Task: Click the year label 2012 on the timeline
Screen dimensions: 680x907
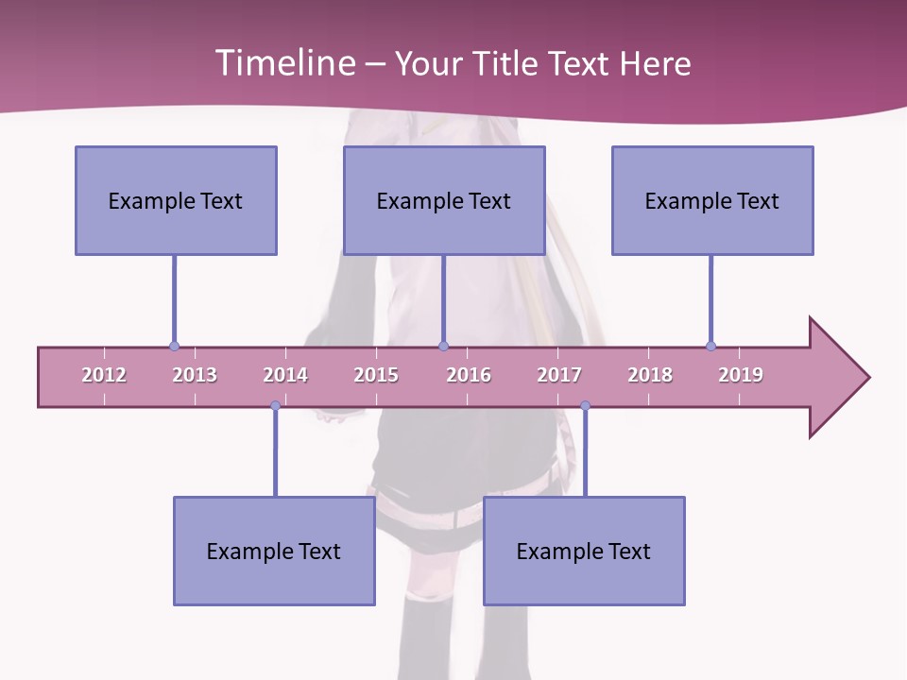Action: (104, 375)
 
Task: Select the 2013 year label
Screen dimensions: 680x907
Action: (195, 375)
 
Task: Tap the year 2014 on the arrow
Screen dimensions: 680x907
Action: (285, 375)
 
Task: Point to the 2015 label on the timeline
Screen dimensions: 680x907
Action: (376, 375)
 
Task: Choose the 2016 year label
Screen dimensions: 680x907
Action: (469, 375)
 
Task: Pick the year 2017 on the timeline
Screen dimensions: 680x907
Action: (559, 375)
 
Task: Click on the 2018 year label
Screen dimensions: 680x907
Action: (650, 375)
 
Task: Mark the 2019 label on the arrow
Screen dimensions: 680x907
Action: (741, 375)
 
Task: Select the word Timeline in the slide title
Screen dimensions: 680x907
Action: (284, 63)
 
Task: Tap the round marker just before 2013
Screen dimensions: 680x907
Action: (174, 346)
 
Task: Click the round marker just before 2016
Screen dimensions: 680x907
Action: (443, 346)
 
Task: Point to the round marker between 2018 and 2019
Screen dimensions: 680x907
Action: (710, 346)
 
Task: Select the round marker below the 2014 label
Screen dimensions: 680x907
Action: (275, 406)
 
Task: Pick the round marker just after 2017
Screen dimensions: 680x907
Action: (585, 406)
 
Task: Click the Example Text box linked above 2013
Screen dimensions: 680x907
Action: (176, 200)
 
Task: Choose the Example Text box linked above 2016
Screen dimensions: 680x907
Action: (444, 200)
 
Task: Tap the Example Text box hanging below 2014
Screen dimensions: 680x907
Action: (274, 551)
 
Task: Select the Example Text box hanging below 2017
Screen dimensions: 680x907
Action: (584, 551)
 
